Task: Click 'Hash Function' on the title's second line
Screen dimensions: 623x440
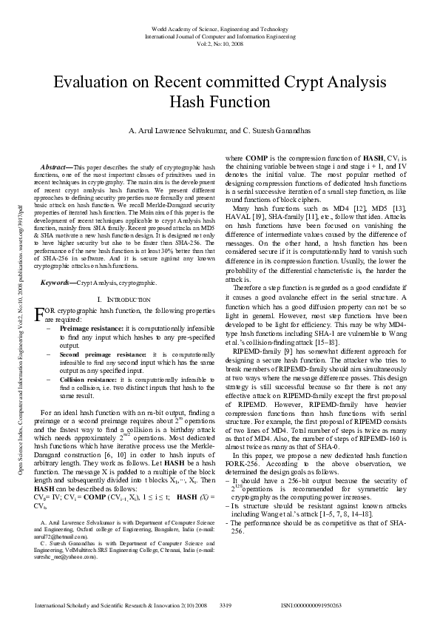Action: [x=220, y=101]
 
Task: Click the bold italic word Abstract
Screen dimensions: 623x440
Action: [x=58, y=168]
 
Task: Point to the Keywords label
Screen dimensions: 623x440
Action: [x=58, y=283]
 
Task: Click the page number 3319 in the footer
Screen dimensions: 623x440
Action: [x=226, y=605]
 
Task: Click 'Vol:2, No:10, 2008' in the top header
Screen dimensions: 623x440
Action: [x=220, y=43]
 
